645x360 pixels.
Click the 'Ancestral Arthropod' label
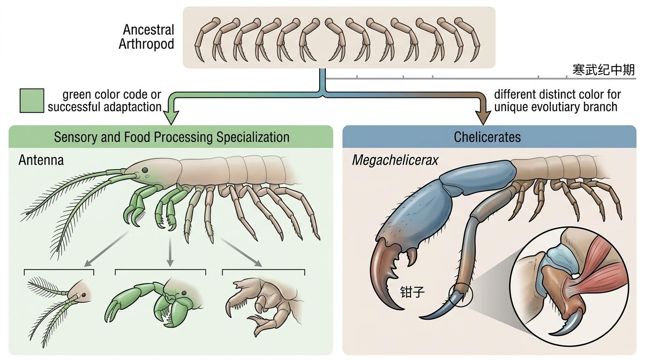click(x=146, y=37)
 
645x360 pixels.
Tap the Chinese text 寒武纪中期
click(x=604, y=70)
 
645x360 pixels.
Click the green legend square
click(x=32, y=101)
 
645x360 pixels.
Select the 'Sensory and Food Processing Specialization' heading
click(x=172, y=137)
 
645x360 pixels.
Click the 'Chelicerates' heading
click(x=487, y=137)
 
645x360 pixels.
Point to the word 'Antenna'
click(x=41, y=160)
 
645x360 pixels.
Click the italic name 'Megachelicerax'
click(x=395, y=160)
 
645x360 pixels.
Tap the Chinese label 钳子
click(x=412, y=292)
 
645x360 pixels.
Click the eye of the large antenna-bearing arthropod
click(x=145, y=170)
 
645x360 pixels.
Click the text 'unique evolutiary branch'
click(x=555, y=107)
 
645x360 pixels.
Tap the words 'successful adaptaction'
click(x=105, y=107)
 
